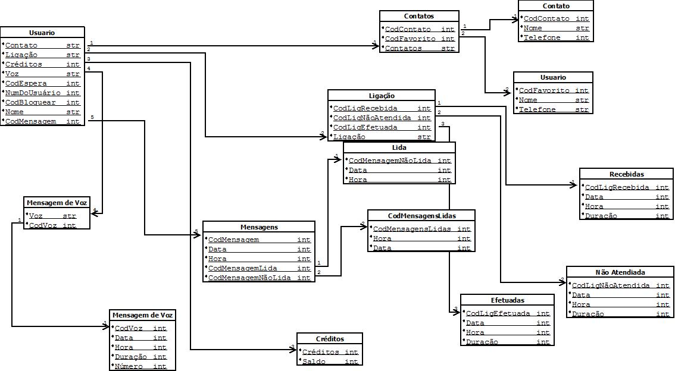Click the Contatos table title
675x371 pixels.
[419, 16]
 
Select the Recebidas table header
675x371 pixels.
[626, 174]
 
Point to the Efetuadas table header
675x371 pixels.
[507, 300]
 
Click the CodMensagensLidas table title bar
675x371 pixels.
[421, 215]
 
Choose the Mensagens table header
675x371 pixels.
[259, 227]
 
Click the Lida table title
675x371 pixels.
[399, 147]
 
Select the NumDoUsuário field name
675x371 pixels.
[33, 93]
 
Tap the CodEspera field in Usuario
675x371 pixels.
[26, 83]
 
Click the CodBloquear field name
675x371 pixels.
[30, 102]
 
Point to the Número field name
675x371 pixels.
[129, 366]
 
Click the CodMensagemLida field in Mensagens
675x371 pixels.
[243, 268]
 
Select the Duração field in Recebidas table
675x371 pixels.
[601, 216]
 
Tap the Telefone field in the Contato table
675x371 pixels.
[540, 37]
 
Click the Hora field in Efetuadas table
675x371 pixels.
[475, 332]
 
